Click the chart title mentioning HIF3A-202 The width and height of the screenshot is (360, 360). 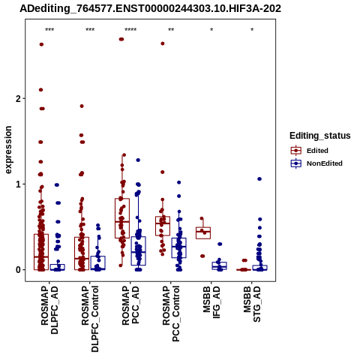[150, 9]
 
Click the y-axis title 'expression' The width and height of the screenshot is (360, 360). [8, 150]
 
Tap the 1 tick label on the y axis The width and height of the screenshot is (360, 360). [18, 184]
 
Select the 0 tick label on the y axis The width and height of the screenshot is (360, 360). [17, 270]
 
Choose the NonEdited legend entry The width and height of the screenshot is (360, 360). [316, 163]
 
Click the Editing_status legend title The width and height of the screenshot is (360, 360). [320, 136]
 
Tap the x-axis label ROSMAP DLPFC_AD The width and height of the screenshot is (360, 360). [49, 310]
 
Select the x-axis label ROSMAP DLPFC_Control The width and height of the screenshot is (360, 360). [90, 319]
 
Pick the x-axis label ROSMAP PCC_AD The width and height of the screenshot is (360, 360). [130, 305]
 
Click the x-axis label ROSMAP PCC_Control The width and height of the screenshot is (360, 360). [171, 313]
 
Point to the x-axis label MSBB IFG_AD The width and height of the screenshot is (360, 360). [211, 302]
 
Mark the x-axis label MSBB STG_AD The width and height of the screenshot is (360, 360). [252, 304]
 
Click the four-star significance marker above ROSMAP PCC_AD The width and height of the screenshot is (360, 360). [130, 30]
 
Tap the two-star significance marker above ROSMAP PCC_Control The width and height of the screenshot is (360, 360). [171, 30]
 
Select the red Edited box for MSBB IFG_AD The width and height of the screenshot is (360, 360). [203, 233]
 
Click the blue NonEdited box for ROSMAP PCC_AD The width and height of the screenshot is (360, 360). [139, 250]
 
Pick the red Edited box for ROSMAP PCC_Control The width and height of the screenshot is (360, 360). [163, 226]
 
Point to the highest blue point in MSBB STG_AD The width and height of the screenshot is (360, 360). [259, 179]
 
